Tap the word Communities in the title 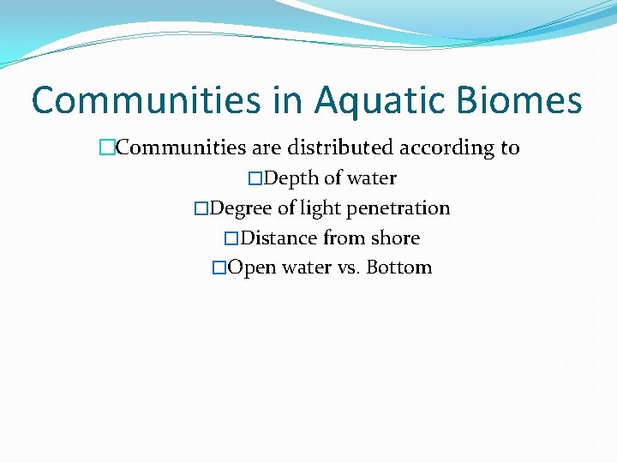tap(145, 101)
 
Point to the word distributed tap(331, 147)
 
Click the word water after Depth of tap(371, 178)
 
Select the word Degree tap(241, 208)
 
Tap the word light tap(320, 208)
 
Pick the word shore tap(395, 238)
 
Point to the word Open tap(251, 268)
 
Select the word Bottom tap(398, 268)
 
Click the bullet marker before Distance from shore tap(230, 238)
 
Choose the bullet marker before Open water tap(219, 268)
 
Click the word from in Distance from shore tap(344, 238)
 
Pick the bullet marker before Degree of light tap(201, 208)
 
